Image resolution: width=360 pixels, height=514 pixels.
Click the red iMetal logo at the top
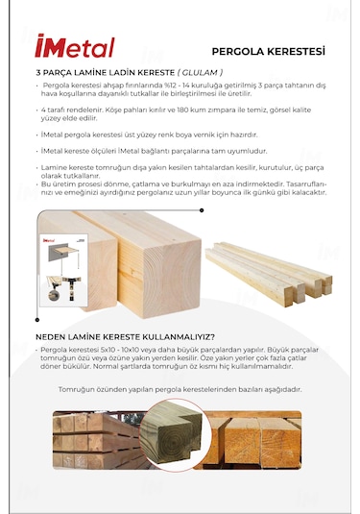coord(74,47)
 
